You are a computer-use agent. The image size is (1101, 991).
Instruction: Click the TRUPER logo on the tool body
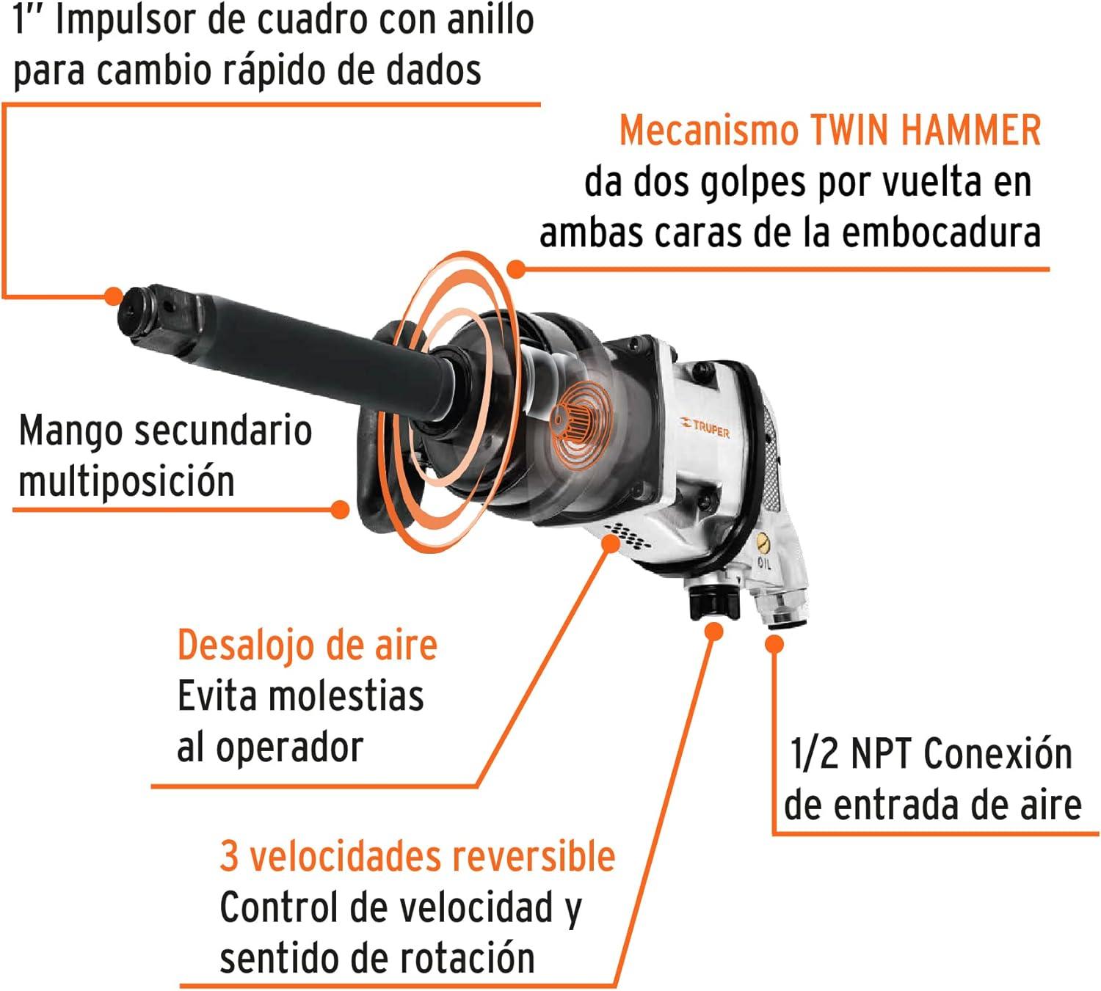tap(704, 428)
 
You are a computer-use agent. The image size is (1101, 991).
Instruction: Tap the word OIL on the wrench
tap(765, 563)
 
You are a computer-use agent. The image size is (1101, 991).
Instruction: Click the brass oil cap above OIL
tap(763, 543)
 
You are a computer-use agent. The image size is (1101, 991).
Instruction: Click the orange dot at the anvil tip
tap(114, 296)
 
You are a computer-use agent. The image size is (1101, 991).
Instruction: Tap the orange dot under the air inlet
tap(774, 644)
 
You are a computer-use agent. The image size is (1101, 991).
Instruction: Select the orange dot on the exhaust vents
tap(611, 544)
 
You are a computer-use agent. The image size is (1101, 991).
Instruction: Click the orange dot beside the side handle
tap(341, 509)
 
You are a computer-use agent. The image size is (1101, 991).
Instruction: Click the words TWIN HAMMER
tap(926, 131)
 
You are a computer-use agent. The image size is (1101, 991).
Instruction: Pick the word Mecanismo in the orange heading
tap(708, 131)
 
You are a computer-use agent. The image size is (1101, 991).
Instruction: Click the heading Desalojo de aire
tap(308, 646)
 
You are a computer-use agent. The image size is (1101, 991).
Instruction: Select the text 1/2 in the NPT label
tap(814, 754)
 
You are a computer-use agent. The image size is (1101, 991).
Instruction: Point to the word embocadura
tap(941, 233)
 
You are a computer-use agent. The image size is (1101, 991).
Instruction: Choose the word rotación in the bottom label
tap(467, 959)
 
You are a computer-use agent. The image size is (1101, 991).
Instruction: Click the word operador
tap(289, 748)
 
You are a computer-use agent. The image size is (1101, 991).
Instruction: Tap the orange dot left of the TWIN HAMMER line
tap(516, 269)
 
